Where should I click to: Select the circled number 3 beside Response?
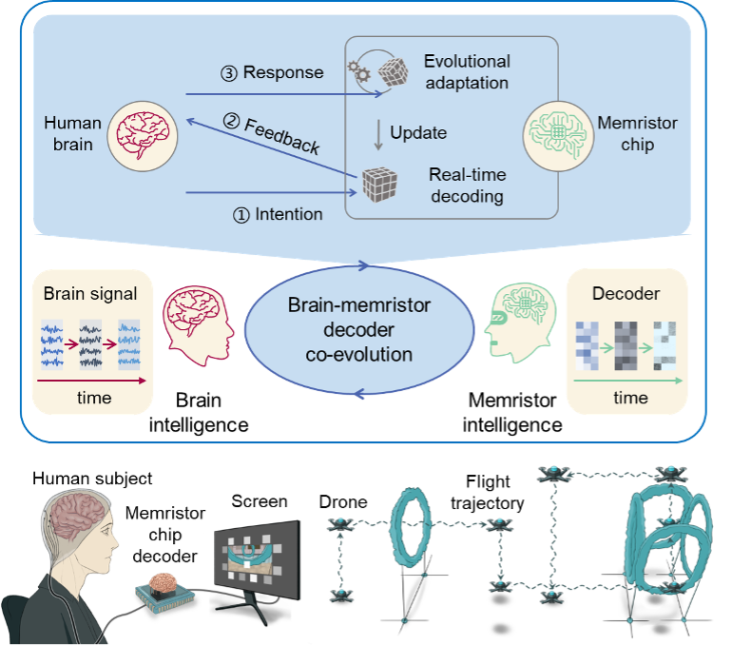[x=230, y=72]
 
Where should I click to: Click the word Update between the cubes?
[x=418, y=132]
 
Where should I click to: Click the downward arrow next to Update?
[x=378, y=132]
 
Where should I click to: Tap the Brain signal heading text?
[x=91, y=295]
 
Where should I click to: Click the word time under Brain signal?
[x=93, y=398]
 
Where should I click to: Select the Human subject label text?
[x=92, y=479]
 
